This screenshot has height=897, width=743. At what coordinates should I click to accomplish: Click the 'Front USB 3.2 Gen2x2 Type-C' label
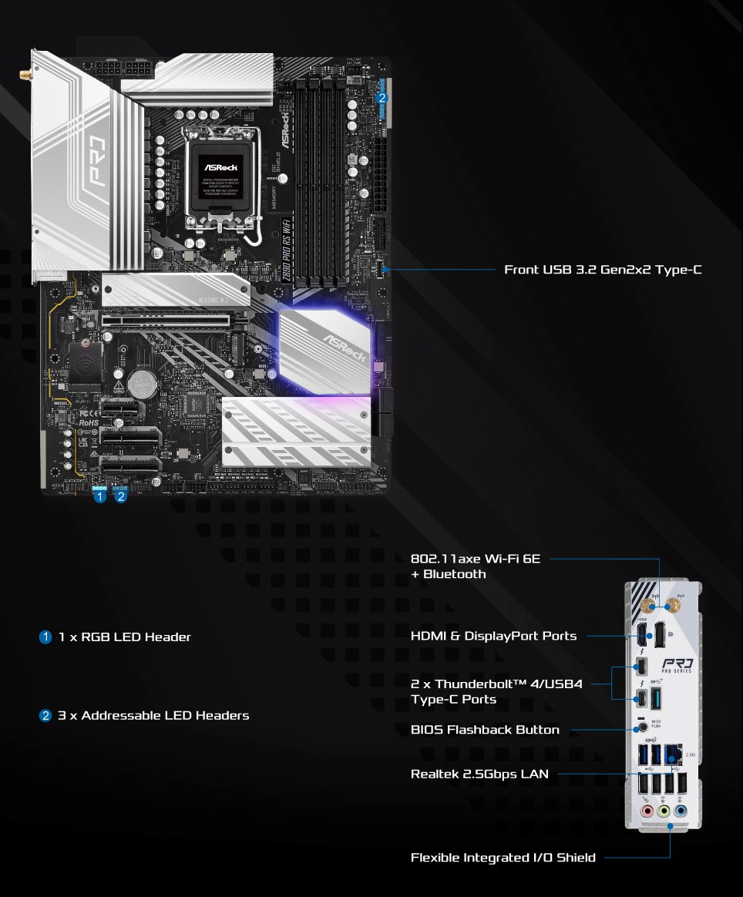point(603,270)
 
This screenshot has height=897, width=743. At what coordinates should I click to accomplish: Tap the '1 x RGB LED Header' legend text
point(124,637)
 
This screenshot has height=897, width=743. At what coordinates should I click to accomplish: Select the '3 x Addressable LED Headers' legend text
point(153,716)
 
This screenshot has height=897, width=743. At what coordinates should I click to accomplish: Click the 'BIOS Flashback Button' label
point(485,730)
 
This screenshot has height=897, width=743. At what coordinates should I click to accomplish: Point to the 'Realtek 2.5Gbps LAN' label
point(479,774)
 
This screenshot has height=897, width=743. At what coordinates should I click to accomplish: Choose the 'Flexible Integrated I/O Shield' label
point(503,858)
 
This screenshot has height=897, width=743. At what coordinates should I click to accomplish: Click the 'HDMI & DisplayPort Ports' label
point(493,636)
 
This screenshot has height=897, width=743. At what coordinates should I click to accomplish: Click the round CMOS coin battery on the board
point(142,380)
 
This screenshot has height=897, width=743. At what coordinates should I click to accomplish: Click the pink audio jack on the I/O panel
point(648,811)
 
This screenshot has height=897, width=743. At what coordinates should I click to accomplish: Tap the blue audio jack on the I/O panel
point(679,811)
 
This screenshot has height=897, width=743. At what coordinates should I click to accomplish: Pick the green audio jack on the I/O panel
point(664,811)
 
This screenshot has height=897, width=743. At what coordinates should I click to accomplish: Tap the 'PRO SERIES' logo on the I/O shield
point(677,665)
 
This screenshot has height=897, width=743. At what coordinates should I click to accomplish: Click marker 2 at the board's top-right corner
point(382,98)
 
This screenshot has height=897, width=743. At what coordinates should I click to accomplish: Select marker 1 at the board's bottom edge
point(99,497)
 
